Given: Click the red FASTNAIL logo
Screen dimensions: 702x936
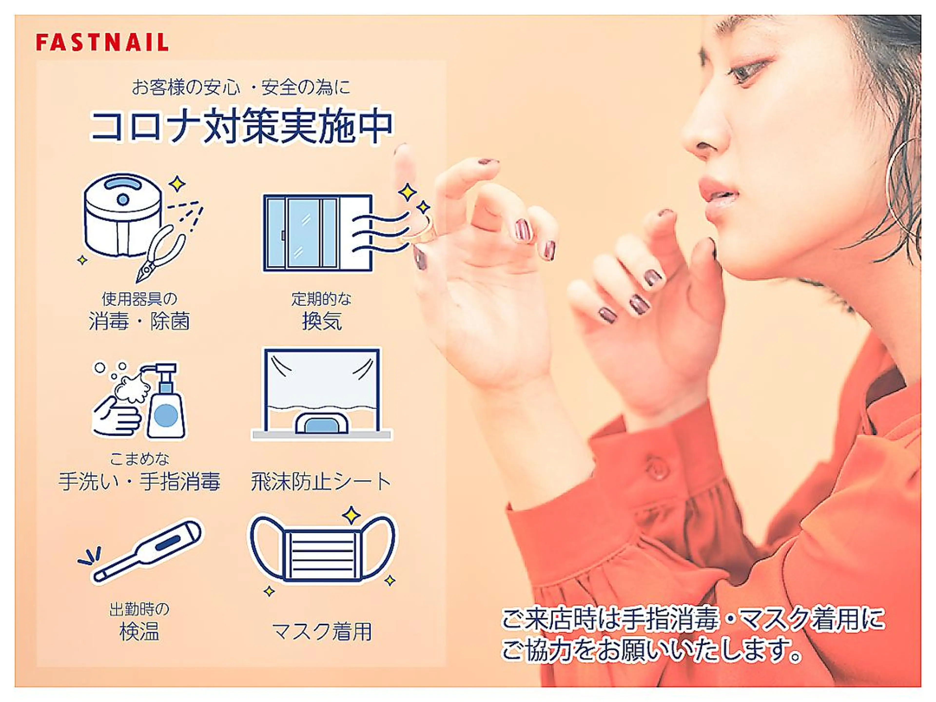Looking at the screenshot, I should point(102,43).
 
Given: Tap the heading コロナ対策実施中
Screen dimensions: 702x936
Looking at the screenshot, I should point(242,126).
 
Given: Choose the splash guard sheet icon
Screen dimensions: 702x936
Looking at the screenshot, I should point(322,393).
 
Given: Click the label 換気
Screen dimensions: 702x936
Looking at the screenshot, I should point(322,321).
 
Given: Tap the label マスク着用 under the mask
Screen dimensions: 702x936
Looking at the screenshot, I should point(322,632).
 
